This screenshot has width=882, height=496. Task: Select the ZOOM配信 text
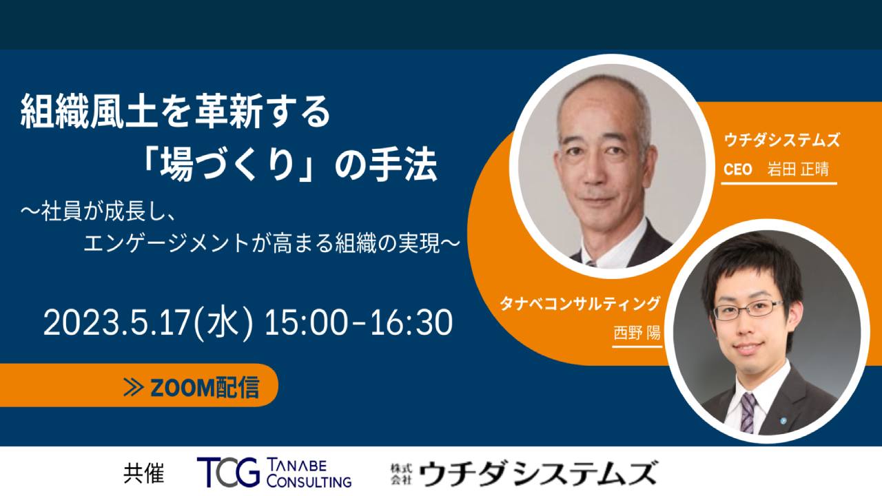tap(205, 387)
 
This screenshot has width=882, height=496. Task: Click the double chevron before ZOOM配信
tap(133, 387)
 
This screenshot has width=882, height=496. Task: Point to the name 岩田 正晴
tap(798, 169)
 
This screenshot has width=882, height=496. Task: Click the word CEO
tap(738, 169)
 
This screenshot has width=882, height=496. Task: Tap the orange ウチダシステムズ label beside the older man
tap(781, 141)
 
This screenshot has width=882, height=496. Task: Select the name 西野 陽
tap(637, 333)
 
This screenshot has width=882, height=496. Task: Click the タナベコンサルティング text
tap(580, 304)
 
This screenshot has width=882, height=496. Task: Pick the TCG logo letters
tap(228, 473)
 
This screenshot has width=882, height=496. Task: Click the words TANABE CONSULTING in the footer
tap(309, 473)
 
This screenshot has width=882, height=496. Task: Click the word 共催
tap(144, 473)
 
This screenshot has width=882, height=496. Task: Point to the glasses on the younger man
tap(748, 310)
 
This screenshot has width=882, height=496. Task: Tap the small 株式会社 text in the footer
tap(401, 474)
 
